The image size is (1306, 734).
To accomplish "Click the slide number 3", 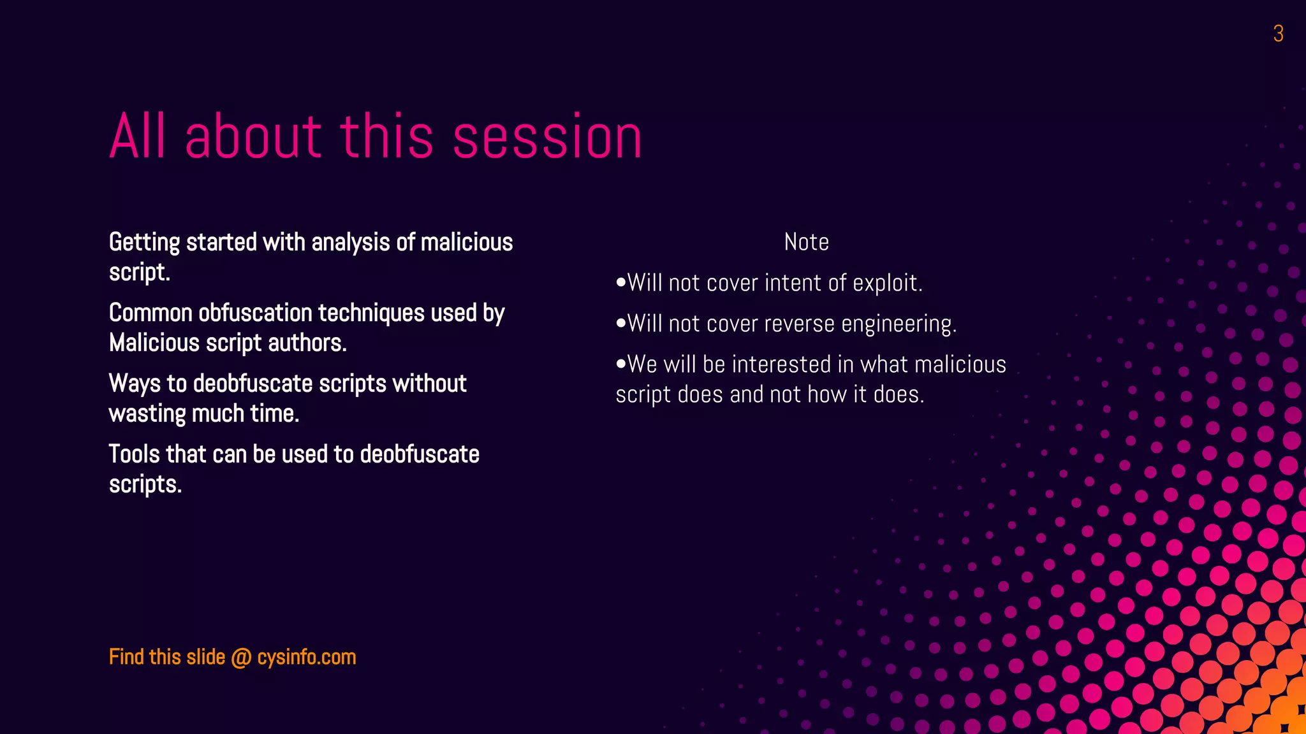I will pyautogui.click(x=1278, y=34).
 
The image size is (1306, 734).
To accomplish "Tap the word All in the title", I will pyautogui.click(x=139, y=136).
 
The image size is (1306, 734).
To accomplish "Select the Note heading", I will pyautogui.click(x=806, y=242).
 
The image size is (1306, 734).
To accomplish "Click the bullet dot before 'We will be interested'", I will pyautogui.click(x=621, y=364).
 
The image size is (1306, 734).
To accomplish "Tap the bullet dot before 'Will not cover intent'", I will pyautogui.click(x=621, y=282).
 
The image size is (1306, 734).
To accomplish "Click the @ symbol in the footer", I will pyautogui.click(x=241, y=658).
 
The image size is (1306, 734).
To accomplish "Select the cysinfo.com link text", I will pyautogui.click(x=307, y=658).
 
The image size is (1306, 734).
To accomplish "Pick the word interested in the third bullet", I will pyautogui.click(x=781, y=364).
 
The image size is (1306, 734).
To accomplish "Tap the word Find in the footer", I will pyautogui.click(x=126, y=657).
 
